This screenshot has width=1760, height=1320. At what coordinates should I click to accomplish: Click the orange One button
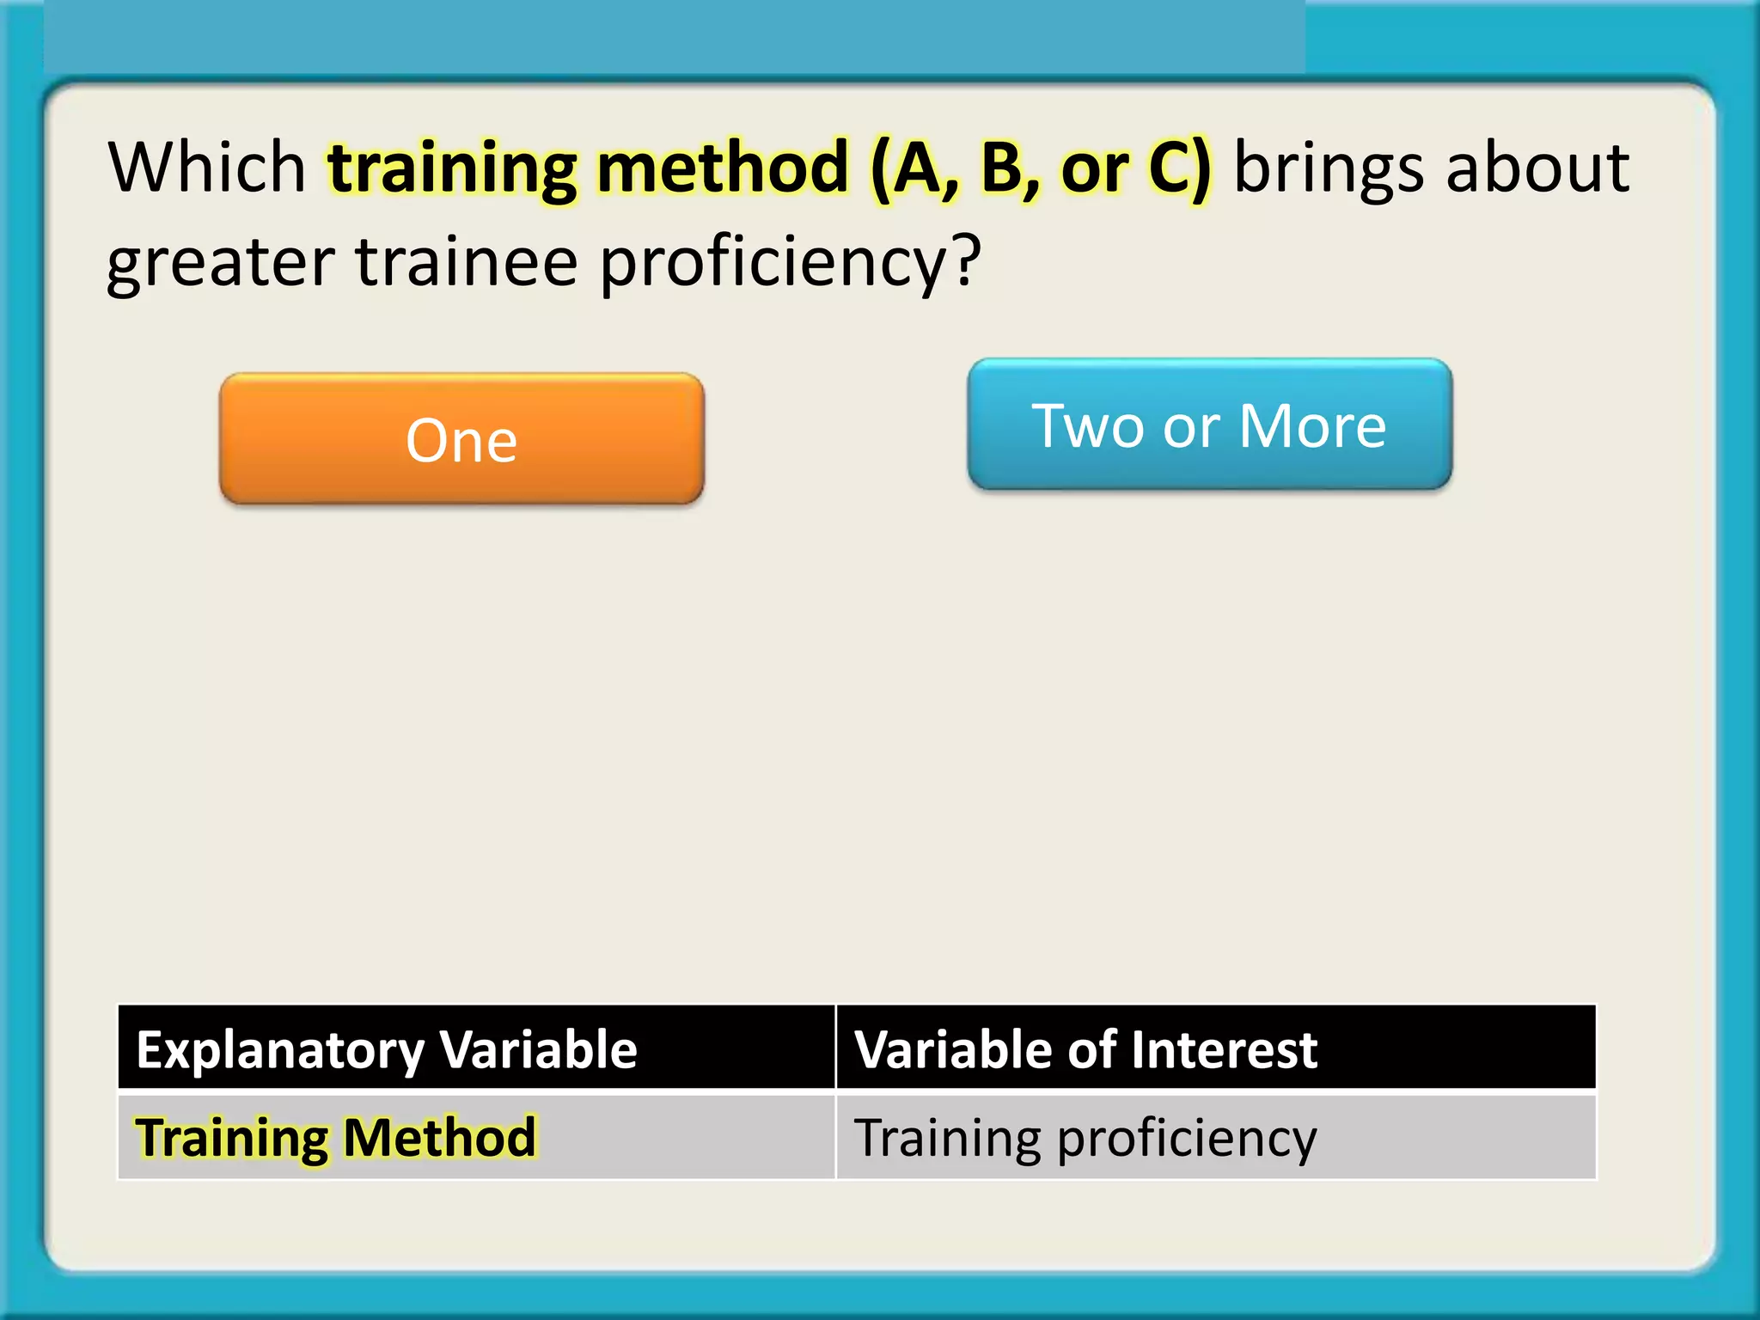(461, 439)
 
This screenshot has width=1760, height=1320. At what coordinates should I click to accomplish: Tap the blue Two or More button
(1209, 425)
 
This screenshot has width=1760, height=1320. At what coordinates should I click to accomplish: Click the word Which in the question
(207, 167)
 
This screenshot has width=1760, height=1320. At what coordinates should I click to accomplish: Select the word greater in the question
(220, 263)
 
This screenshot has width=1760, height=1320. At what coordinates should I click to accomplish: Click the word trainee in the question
(466, 261)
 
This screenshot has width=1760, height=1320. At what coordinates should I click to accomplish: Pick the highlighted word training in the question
(452, 168)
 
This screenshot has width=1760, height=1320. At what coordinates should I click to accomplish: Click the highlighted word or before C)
(1093, 168)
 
